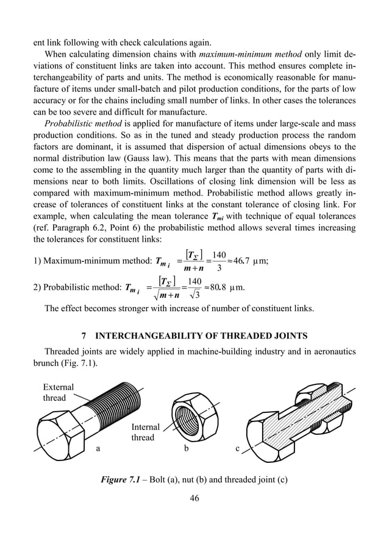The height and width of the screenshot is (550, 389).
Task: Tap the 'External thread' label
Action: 58,392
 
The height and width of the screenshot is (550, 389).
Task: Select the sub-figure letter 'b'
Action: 186,450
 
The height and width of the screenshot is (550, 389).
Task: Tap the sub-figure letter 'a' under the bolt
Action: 97,450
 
